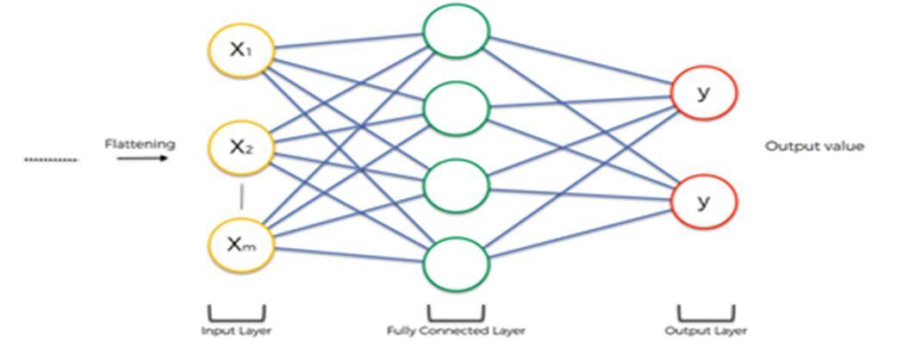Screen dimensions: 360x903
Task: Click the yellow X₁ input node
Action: point(241,50)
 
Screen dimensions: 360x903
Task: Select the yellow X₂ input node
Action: point(241,147)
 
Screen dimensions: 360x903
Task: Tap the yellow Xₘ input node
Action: point(241,245)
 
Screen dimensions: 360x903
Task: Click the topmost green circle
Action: point(456,32)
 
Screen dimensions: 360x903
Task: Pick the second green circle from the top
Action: point(456,108)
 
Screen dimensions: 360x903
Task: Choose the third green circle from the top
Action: point(456,185)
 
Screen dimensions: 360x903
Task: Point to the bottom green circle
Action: point(456,262)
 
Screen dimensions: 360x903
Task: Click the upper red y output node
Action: point(704,91)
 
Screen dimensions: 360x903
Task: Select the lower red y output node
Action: point(704,201)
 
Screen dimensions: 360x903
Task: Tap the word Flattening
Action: point(140,144)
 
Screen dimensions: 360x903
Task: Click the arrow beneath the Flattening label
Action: point(140,158)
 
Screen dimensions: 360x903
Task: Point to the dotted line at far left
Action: point(51,159)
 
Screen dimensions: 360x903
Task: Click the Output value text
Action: point(814,146)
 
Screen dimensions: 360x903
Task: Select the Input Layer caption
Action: point(236,331)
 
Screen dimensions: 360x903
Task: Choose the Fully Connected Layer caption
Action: point(456,331)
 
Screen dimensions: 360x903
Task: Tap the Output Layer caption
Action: point(706,331)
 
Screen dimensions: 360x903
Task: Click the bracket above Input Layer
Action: point(236,314)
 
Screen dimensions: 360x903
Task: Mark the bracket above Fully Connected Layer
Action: point(456,314)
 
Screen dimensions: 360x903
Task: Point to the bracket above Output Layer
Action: point(706,314)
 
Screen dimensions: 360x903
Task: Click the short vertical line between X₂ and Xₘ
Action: point(241,197)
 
